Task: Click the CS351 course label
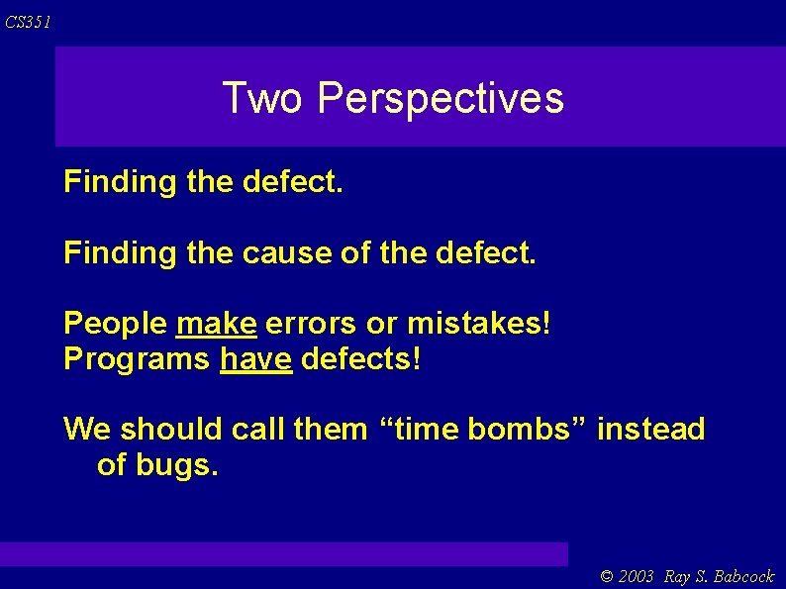click(27, 22)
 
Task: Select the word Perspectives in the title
click(442, 98)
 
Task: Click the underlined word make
click(217, 323)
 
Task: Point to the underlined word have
click(255, 358)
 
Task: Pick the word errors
click(312, 323)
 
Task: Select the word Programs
click(137, 358)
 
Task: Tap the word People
click(116, 323)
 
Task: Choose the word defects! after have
click(360, 358)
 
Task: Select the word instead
click(651, 430)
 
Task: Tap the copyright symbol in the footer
click(608, 576)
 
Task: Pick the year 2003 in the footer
click(637, 576)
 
